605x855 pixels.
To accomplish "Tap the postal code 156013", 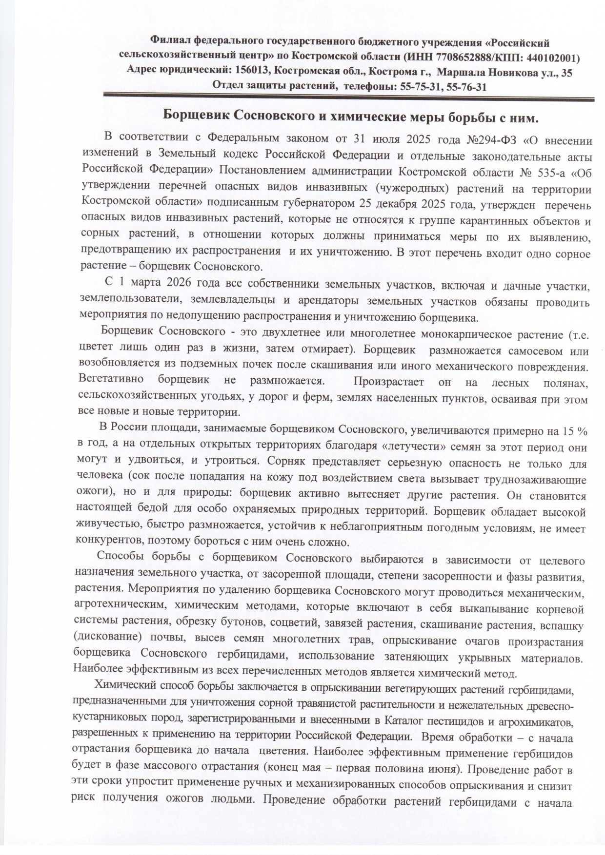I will tap(252, 72).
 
